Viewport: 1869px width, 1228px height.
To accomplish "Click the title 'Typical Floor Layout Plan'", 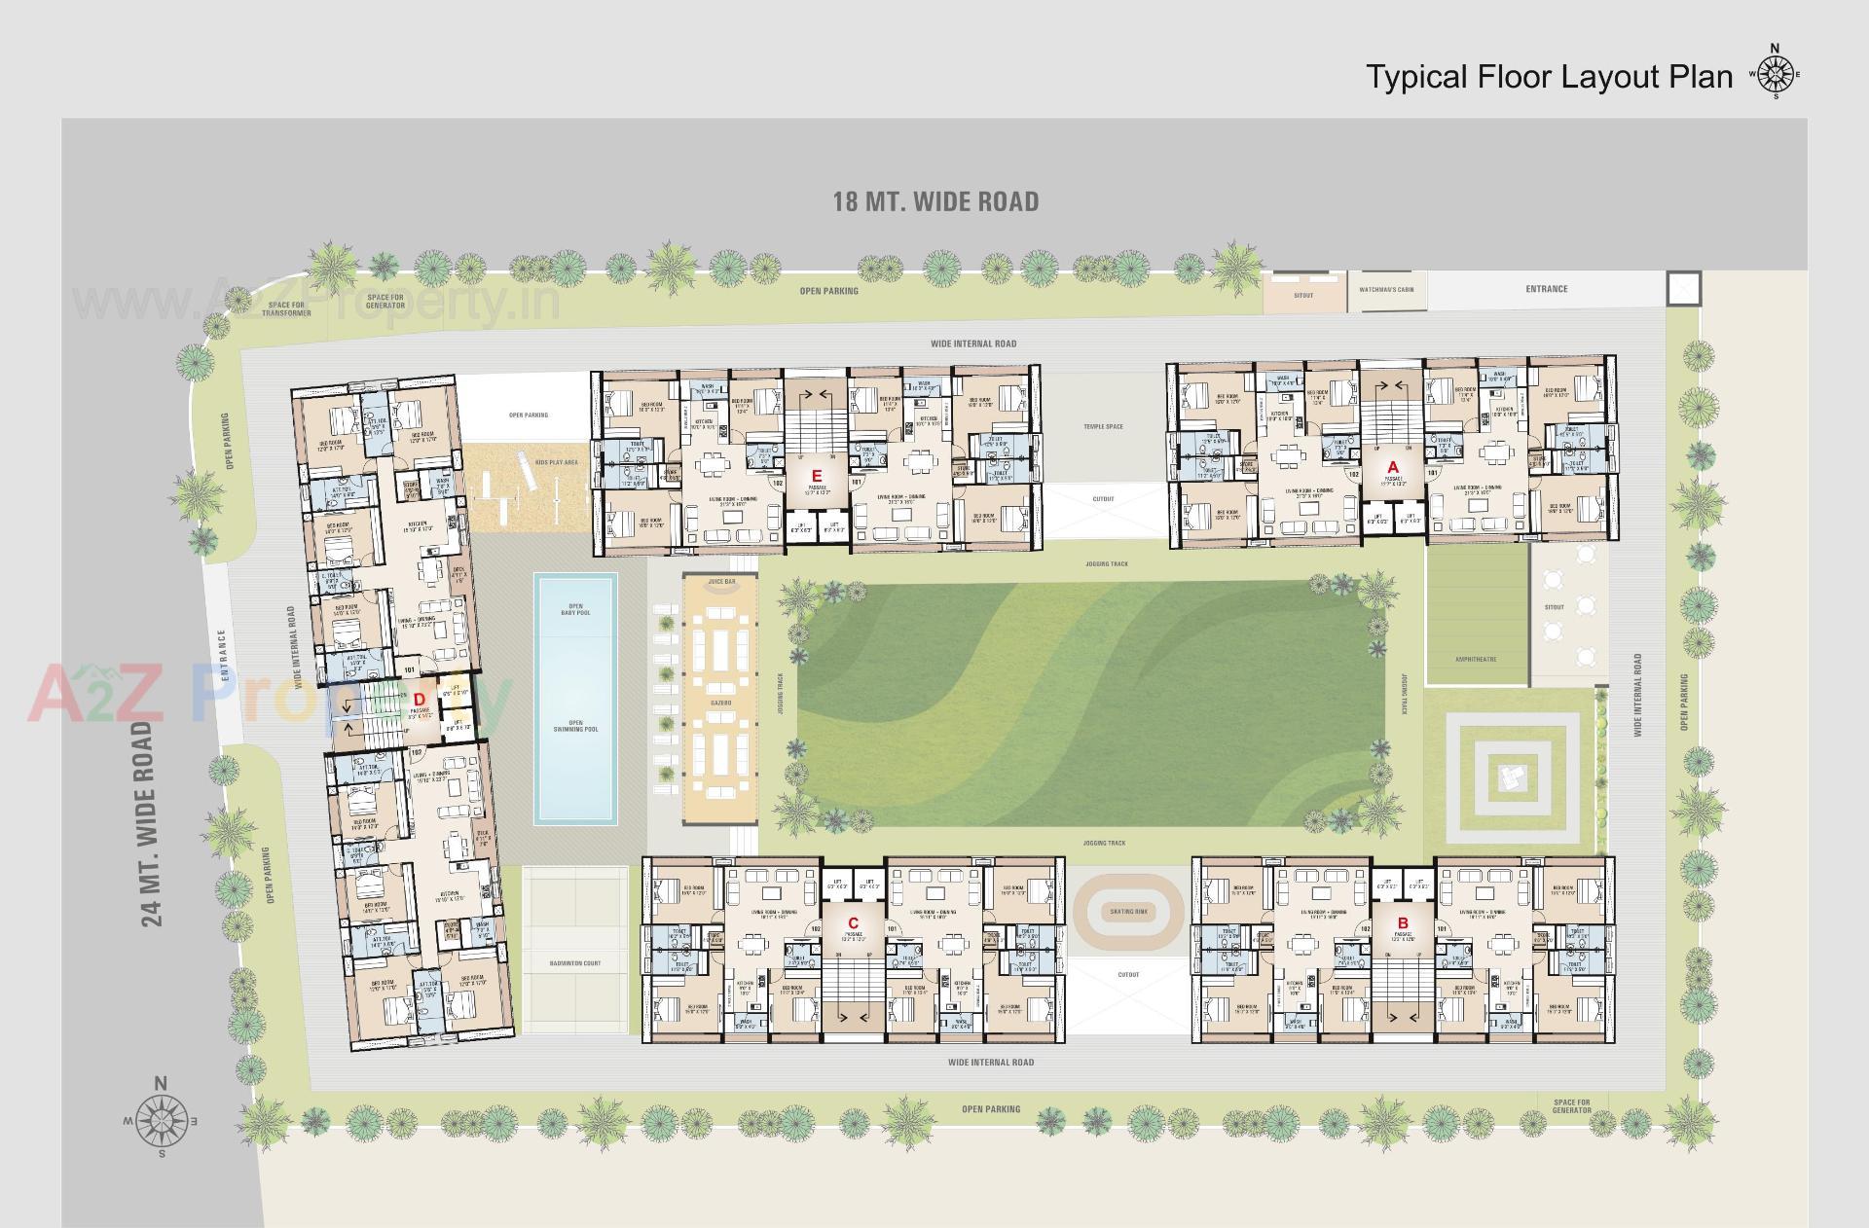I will [1549, 77].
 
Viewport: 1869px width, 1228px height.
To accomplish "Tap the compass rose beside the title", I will [1776, 74].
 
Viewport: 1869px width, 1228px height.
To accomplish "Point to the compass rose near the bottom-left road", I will [163, 1120].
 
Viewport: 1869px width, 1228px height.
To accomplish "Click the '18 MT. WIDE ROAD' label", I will [935, 202].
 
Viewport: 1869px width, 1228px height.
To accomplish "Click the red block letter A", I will [1393, 468].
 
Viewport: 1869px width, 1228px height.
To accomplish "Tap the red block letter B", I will [1403, 922].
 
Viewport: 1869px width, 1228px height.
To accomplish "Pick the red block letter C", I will [853, 922].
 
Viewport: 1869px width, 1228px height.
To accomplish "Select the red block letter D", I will [420, 699].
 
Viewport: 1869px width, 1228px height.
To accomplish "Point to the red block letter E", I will [817, 476].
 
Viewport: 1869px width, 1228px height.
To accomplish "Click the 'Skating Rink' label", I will [1128, 912].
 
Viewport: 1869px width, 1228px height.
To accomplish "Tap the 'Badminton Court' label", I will [575, 963].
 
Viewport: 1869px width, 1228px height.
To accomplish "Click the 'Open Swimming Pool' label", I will [575, 726].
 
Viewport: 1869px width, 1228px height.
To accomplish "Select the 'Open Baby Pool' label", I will [575, 609].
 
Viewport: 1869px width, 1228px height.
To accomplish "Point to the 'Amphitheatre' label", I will [1476, 660].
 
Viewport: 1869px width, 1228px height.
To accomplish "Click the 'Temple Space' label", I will [1103, 427].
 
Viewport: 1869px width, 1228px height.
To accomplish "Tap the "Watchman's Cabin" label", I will [1386, 290].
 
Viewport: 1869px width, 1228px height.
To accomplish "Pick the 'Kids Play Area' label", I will [556, 462].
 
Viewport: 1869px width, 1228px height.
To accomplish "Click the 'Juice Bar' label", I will [721, 581].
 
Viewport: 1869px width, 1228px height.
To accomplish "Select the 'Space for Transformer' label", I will [286, 308].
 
